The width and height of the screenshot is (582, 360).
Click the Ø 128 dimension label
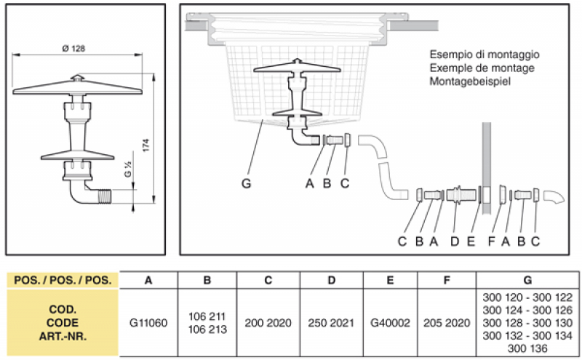[75, 48]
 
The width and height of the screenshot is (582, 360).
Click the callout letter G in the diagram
[247, 184]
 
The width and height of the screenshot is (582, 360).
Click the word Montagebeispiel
[469, 82]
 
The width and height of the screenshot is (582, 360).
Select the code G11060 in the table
[148, 322]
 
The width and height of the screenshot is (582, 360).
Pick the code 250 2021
[331, 322]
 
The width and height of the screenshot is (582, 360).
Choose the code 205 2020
[446, 322]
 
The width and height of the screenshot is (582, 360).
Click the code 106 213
[207, 329]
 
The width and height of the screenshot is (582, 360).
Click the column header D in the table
[331, 279]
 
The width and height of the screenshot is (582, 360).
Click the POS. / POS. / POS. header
[62, 279]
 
